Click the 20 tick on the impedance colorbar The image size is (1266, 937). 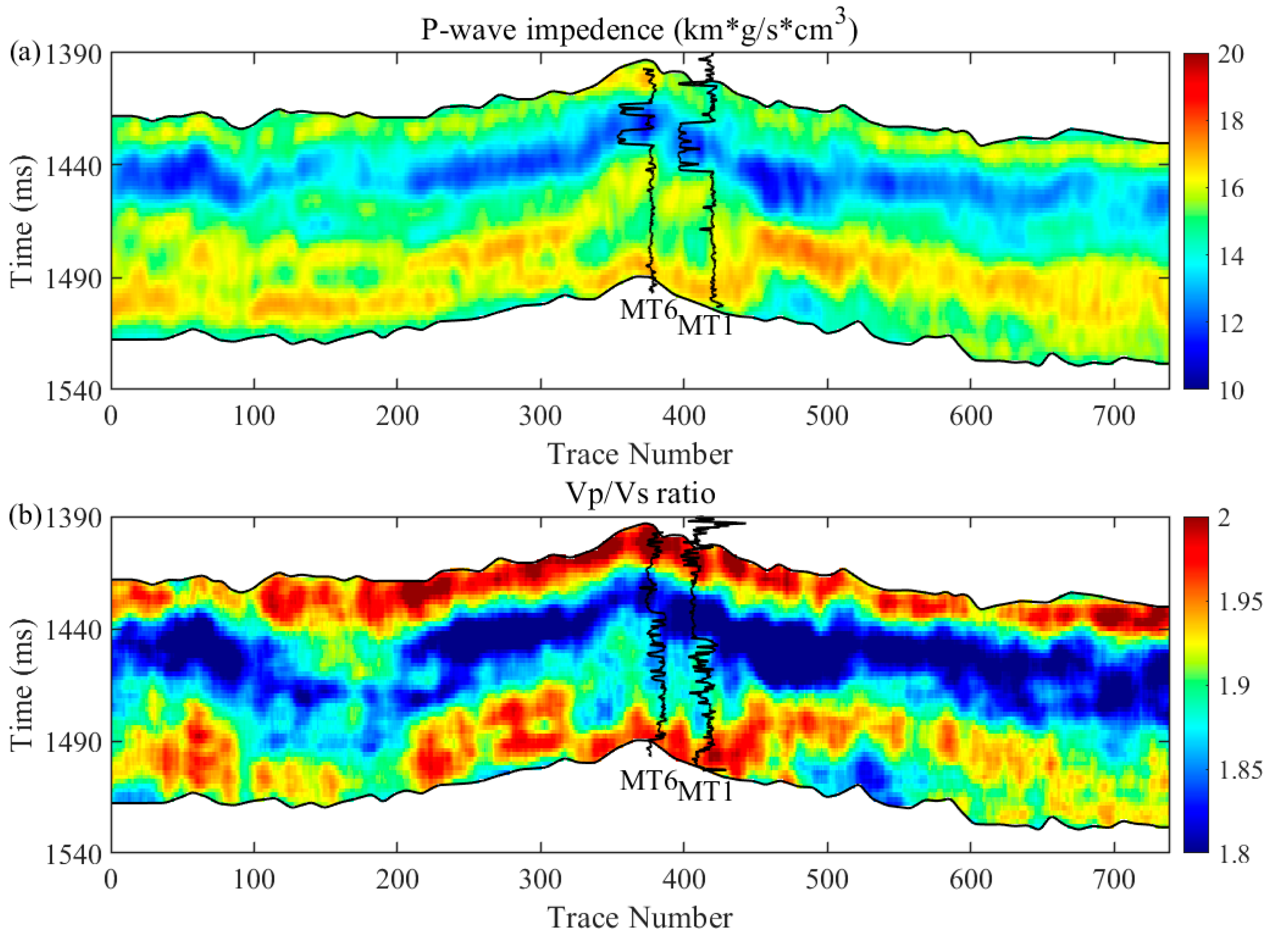click(x=1230, y=54)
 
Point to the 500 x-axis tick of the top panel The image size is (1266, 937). click(x=827, y=417)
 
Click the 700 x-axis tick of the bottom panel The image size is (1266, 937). click(x=1114, y=880)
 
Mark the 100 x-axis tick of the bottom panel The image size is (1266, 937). click(x=254, y=880)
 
